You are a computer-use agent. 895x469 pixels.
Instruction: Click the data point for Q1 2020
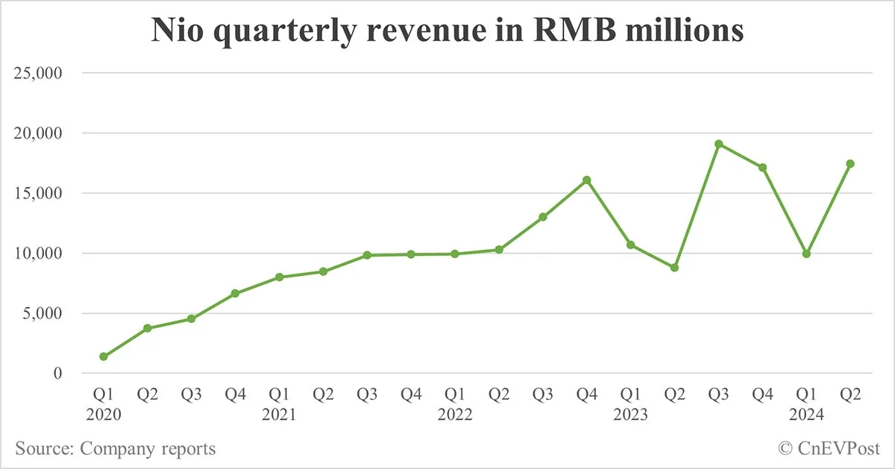tap(103, 356)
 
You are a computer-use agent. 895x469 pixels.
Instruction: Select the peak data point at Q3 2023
tap(718, 144)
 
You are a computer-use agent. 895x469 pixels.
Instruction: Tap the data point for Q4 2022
tap(586, 180)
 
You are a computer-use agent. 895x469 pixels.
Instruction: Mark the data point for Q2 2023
tap(674, 267)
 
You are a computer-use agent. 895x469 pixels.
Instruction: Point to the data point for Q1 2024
tap(806, 254)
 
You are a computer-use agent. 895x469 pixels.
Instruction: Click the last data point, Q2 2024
tap(850, 163)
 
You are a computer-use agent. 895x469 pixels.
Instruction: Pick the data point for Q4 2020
tap(235, 293)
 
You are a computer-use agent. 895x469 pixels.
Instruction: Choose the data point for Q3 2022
tap(543, 217)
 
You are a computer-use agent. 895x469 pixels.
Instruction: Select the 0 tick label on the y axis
tap(57, 373)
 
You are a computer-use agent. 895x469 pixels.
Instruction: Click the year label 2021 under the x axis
tap(279, 415)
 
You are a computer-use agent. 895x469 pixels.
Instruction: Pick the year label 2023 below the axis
tap(631, 415)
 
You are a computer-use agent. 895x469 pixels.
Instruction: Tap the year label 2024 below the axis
tap(806, 415)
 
